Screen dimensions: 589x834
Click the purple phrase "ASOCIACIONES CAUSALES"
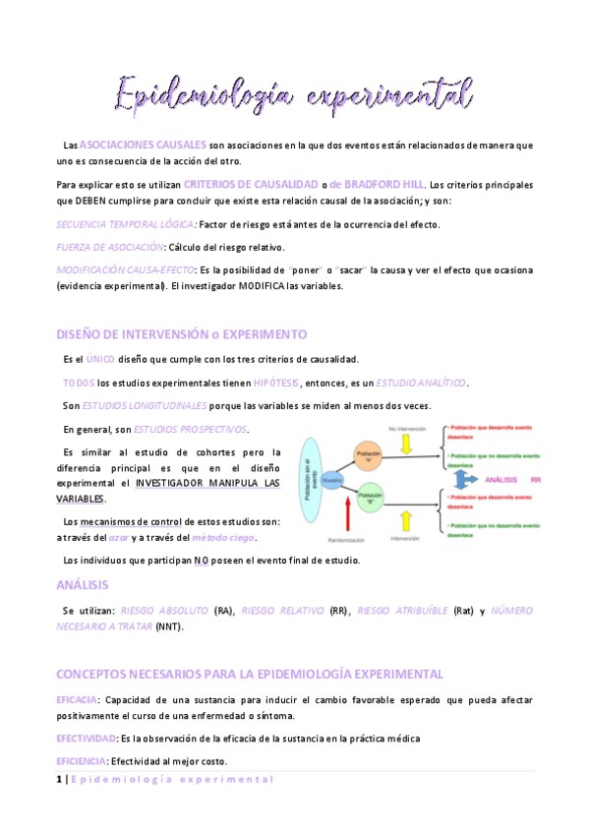click(143, 145)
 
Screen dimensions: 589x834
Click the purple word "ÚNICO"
click(100, 359)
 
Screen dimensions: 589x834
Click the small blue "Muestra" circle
click(333, 480)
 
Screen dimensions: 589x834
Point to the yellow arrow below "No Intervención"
click(405, 444)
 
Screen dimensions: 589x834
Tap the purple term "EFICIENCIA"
click(82, 761)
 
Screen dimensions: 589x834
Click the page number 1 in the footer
click(58, 779)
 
